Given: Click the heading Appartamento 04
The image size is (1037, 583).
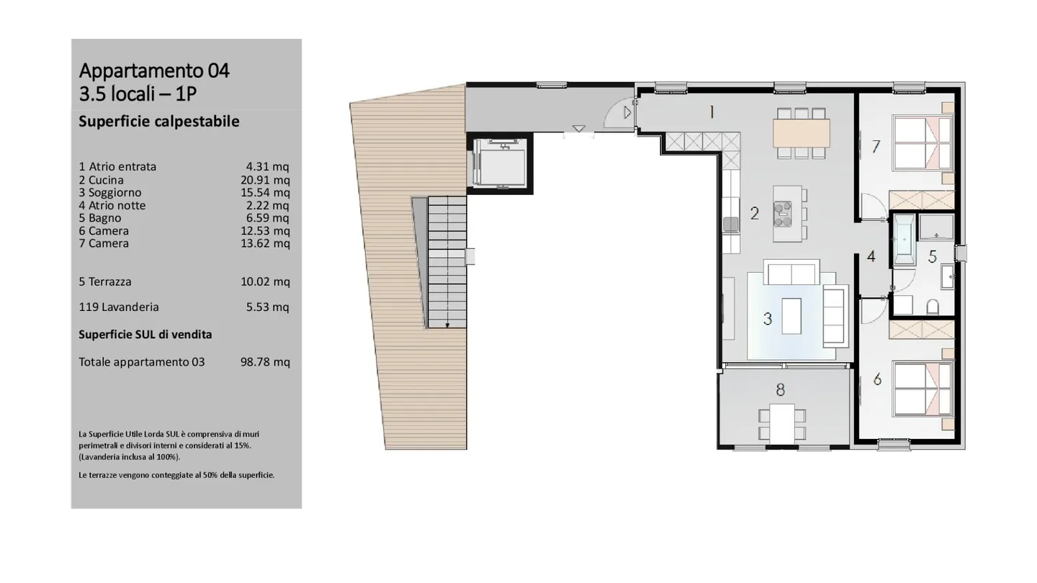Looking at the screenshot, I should tap(154, 71).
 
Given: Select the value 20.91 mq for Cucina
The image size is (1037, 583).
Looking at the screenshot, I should tap(265, 180).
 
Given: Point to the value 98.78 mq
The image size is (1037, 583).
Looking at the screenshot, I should tap(265, 362).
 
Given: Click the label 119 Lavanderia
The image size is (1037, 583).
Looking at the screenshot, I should tap(119, 307).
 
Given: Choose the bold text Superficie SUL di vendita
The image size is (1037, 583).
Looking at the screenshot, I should tap(145, 335).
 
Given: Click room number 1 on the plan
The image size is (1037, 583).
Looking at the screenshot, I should tap(711, 112).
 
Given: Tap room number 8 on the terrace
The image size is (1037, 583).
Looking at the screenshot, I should tap(780, 390).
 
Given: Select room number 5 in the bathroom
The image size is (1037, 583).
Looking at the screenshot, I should tap(932, 257).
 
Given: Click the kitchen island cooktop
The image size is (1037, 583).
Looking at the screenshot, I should tap(784, 211).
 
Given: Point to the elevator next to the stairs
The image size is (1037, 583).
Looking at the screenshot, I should tap(500, 163).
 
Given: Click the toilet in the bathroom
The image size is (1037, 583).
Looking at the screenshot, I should tap(933, 307).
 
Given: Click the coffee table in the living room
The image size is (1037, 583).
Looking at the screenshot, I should tap(791, 315).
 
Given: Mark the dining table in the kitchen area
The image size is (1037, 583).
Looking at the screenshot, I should tap(801, 132).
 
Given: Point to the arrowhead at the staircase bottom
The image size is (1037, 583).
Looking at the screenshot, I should tap(447, 325).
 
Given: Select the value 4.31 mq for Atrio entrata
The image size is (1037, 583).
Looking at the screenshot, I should tap(267, 167).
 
